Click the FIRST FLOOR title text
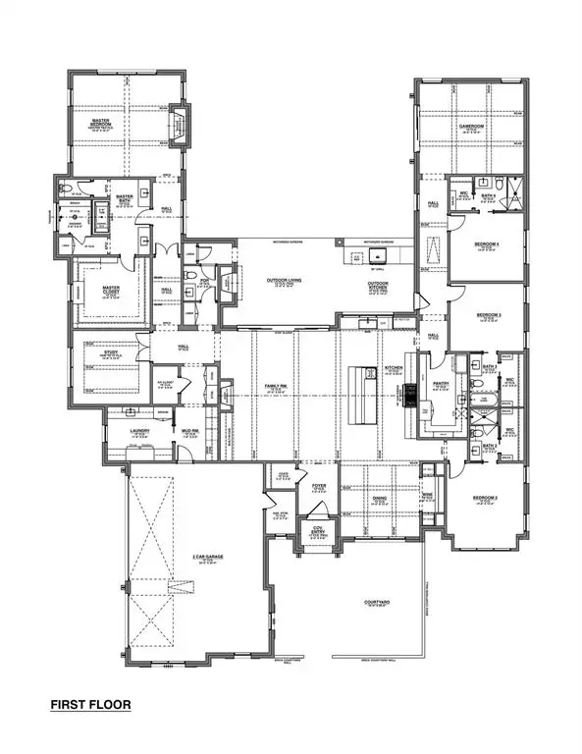point(90,704)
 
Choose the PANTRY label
point(439,386)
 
